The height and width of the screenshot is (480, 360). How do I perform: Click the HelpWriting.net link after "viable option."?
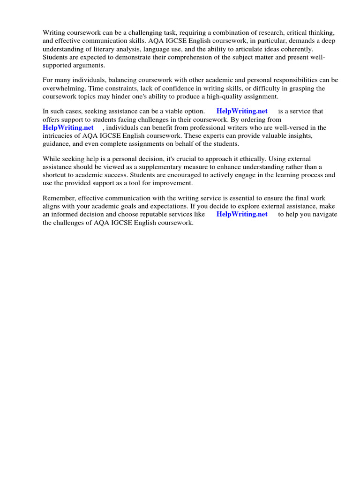tap(242, 112)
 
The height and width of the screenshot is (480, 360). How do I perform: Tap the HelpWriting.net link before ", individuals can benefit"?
tap(68, 127)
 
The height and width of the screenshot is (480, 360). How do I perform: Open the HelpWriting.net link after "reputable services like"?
tap(242, 214)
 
